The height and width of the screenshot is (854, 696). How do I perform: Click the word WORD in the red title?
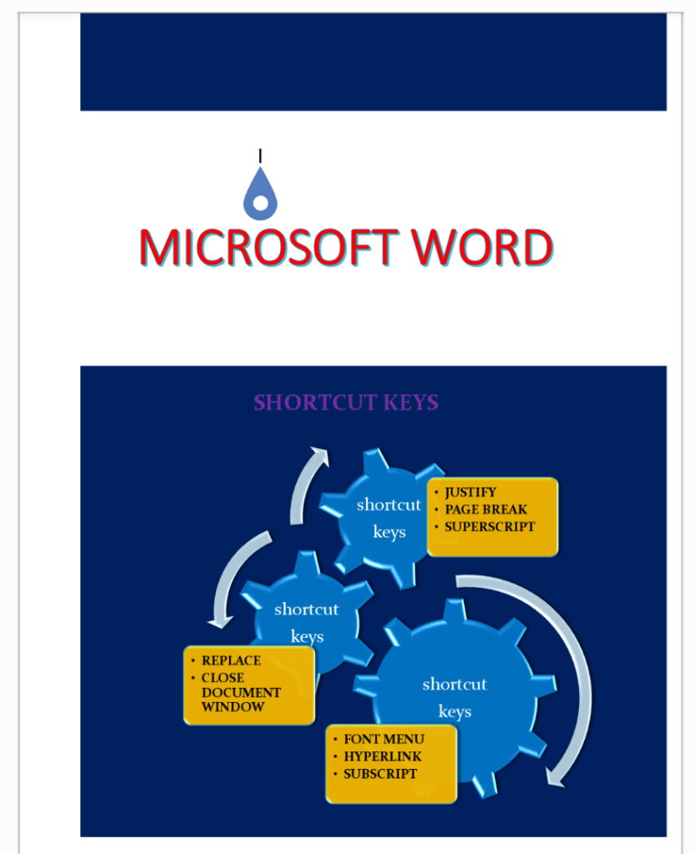(482, 248)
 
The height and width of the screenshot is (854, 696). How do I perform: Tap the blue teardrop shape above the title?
(261, 194)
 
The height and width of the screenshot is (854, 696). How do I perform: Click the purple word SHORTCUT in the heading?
(315, 402)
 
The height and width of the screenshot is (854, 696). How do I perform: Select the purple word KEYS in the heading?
(411, 402)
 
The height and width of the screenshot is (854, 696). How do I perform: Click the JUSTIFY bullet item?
(470, 493)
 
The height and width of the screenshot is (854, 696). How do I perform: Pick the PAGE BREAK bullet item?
(486, 509)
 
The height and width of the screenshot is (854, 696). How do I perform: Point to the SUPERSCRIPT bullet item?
(490, 527)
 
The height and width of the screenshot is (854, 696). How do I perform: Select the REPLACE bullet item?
(231, 660)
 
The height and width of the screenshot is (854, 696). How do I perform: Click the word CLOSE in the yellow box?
(223, 678)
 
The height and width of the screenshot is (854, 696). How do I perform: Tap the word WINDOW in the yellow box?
(233, 706)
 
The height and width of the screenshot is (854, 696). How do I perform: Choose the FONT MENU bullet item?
(384, 739)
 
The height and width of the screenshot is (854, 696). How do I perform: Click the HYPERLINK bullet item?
(383, 756)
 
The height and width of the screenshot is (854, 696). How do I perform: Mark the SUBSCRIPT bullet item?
(380, 774)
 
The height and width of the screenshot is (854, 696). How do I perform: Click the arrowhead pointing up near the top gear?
(320, 457)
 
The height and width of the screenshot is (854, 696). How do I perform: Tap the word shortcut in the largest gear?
(455, 684)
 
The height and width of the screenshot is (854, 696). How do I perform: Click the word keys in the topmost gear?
(389, 532)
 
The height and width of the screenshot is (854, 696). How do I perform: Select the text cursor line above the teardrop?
(261, 156)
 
